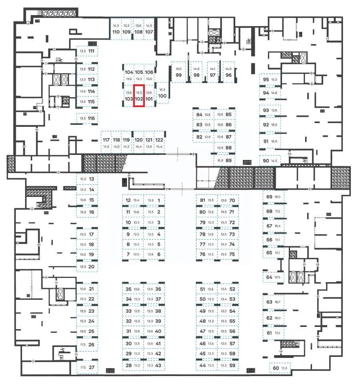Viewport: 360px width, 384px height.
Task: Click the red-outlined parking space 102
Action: (139, 96)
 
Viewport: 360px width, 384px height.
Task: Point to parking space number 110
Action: (116, 32)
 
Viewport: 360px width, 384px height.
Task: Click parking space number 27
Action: (92, 368)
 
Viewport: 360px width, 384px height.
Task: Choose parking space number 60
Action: (276, 368)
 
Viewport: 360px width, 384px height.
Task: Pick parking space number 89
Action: (229, 161)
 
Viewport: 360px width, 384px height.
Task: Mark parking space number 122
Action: (159, 140)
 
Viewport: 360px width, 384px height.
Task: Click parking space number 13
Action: (92, 180)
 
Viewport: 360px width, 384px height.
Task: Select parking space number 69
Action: (269, 197)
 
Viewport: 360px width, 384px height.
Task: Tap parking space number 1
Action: (159, 200)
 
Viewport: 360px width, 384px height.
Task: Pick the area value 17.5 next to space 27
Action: (83, 368)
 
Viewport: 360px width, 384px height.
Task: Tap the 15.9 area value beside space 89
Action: (220, 161)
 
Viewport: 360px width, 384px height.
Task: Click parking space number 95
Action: (266, 80)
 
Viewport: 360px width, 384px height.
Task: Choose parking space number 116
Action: (92, 118)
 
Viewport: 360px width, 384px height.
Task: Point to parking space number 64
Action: (269, 277)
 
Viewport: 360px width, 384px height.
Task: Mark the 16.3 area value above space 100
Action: (162, 90)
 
